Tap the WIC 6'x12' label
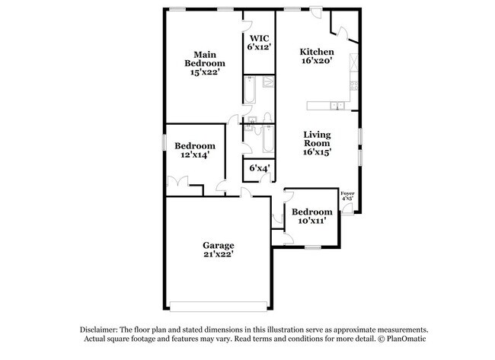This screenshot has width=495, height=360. tap(258, 42)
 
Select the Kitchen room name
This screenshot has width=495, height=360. tap(317, 52)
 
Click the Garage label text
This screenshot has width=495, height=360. tap(218, 245)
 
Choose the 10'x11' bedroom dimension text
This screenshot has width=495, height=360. tap(312, 221)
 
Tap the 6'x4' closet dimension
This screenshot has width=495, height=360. tap(259, 168)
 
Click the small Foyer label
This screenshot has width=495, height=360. tap(347, 194)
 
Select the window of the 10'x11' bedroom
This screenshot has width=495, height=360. tap(312, 247)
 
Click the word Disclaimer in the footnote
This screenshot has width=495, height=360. tap(102, 328)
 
